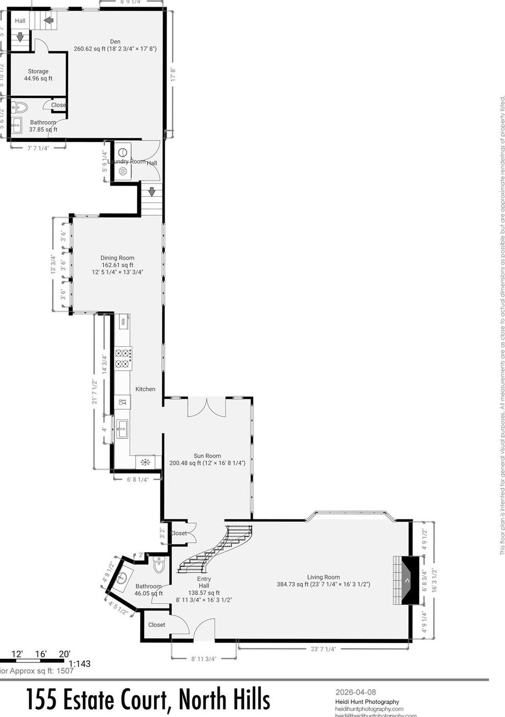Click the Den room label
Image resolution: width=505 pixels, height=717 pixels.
tap(115, 42)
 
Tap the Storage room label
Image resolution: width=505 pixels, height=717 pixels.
tap(38, 71)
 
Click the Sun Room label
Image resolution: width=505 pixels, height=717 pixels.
tap(207, 456)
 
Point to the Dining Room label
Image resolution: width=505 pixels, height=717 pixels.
tap(117, 258)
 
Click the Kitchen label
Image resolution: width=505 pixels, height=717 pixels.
tap(145, 389)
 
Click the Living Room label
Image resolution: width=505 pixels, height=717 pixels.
tap(323, 577)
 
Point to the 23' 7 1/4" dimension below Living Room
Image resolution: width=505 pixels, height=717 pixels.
tap(323, 649)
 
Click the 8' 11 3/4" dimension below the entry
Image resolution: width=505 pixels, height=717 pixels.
tap(204, 658)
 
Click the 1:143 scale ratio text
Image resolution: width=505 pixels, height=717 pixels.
tap(79, 664)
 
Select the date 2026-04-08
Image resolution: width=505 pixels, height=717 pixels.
tap(355, 692)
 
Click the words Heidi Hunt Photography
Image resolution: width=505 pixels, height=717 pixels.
tap(367, 702)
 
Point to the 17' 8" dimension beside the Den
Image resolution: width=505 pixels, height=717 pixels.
tap(173, 75)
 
